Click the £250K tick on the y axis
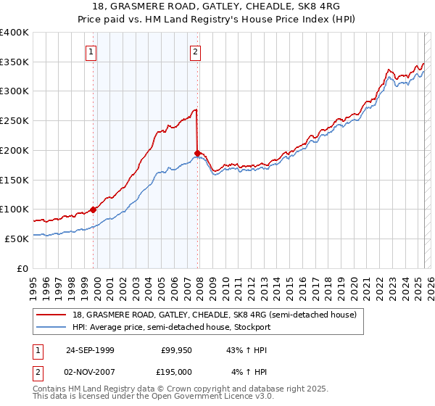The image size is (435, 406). pos(15,121)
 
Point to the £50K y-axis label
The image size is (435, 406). pos(15,239)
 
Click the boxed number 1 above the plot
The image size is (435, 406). pos(91,51)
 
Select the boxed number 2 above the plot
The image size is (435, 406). pos(196,51)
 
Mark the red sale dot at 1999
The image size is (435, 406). pos(94,210)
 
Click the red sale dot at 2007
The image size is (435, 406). pos(197,153)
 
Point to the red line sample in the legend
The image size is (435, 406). pos(51,315)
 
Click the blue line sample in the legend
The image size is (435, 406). pos(51,327)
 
